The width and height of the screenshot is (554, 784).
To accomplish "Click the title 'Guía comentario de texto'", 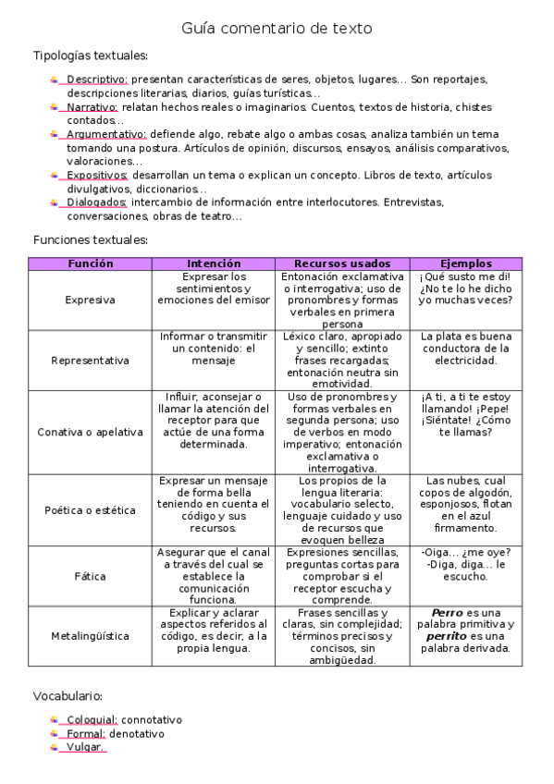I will (x=277, y=29).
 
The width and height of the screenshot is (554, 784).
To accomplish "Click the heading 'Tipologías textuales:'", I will (x=90, y=56).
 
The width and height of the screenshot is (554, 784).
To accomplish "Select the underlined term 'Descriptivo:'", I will (x=97, y=80).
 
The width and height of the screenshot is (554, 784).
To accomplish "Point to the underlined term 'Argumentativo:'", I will (x=106, y=134).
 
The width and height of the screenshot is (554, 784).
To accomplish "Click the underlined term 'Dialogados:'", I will (x=96, y=202).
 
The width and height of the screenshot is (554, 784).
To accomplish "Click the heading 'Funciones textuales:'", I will (x=90, y=239).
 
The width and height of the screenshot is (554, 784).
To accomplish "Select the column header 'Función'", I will (x=91, y=263).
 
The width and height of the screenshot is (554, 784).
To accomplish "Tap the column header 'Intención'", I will (x=214, y=263).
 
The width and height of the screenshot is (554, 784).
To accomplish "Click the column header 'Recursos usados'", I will (x=342, y=263).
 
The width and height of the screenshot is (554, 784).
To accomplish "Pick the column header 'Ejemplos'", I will (x=466, y=263).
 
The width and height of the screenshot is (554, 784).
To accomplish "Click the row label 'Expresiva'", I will (x=91, y=300).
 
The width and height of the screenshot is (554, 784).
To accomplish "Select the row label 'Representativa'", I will (x=91, y=361).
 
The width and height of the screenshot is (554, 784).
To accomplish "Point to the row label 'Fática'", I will (x=91, y=576).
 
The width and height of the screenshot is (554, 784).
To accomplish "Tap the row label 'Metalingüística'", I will (x=91, y=636).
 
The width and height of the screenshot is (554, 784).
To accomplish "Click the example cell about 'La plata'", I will (x=466, y=349).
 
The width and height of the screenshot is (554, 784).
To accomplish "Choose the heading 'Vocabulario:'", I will (x=68, y=695).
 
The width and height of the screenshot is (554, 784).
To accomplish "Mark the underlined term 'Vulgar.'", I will (x=85, y=747).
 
